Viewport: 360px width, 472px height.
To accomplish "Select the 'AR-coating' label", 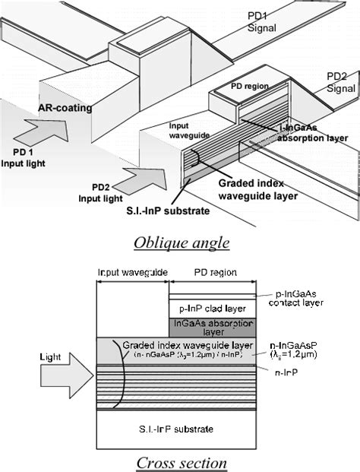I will coord(65,108).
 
